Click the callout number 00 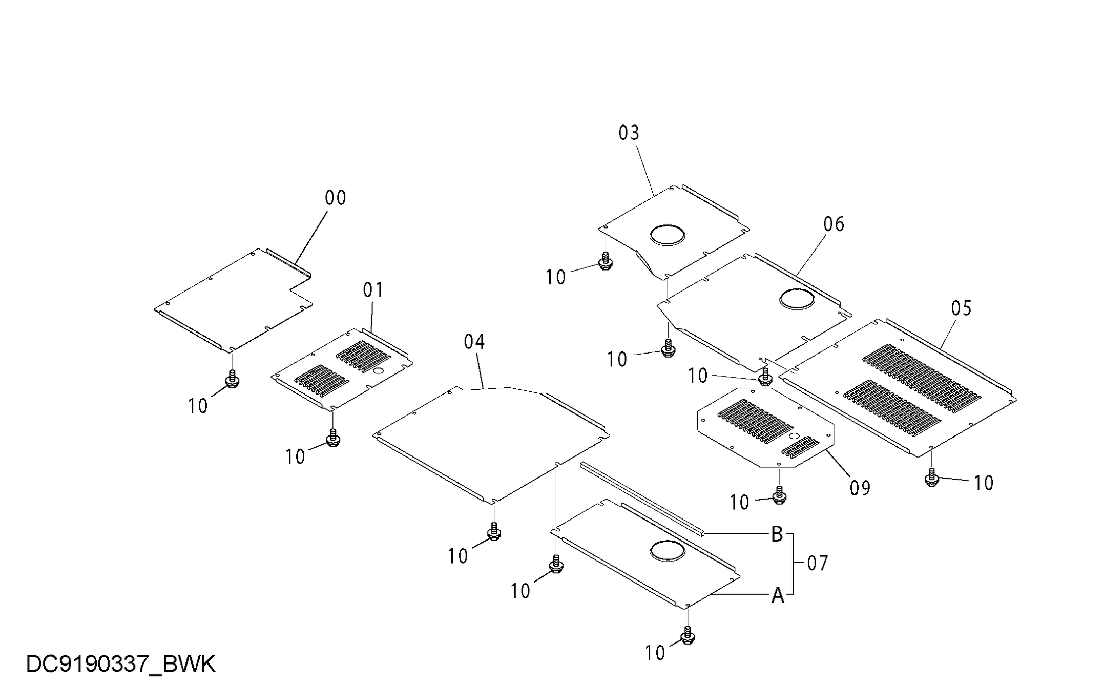pyautogui.click(x=336, y=198)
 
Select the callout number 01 pyautogui.click(x=373, y=290)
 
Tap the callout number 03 pyautogui.click(x=629, y=133)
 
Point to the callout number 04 pyautogui.click(x=474, y=342)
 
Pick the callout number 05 pyautogui.click(x=961, y=308)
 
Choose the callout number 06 pyautogui.click(x=834, y=224)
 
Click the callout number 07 pyautogui.click(x=818, y=564)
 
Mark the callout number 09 pyautogui.click(x=860, y=488)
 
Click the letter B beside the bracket pyautogui.click(x=777, y=534)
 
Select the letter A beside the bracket pyautogui.click(x=778, y=596)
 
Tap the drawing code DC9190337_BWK pyautogui.click(x=120, y=664)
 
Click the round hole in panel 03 pyautogui.click(x=667, y=235)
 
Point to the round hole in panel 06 pyautogui.click(x=797, y=299)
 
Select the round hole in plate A pyautogui.click(x=667, y=551)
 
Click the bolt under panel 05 pyautogui.click(x=932, y=477)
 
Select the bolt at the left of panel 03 pyautogui.click(x=606, y=261)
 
